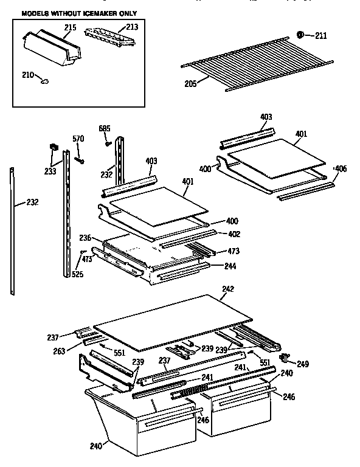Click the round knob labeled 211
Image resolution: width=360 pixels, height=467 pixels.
[x=300, y=35]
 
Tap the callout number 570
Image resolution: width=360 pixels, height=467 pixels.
[x=78, y=139]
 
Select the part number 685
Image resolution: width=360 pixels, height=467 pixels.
[x=105, y=128]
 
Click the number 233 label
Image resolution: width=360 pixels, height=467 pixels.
[x=50, y=171]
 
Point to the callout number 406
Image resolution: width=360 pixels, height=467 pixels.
[x=341, y=168]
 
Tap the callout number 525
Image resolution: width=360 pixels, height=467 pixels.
[x=77, y=275]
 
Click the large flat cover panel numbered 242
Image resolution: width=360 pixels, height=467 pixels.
[x=173, y=322]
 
